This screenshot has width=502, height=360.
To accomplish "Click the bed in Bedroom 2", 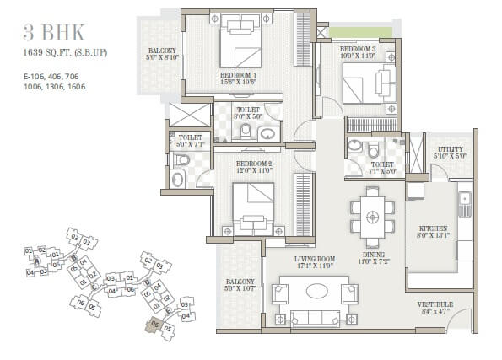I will (252, 206).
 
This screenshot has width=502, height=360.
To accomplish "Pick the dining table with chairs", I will (372, 216).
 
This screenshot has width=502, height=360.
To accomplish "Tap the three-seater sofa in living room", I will (316, 318).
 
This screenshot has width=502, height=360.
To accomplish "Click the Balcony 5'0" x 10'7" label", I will (235, 287).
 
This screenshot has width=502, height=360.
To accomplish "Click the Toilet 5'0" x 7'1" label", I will (191, 141).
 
